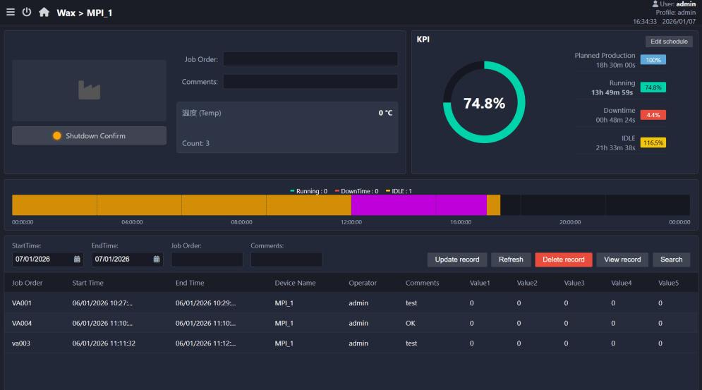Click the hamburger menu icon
pyautogui.click(x=11, y=12)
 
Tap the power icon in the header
pyautogui.click(x=27, y=12)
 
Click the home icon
pyautogui.click(x=44, y=12)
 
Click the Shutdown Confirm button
pyautogui.click(x=89, y=135)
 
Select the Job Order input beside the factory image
pyautogui.click(x=310, y=59)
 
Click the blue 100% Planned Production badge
pyautogui.click(x=653, y=60)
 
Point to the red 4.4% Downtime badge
pyautogui.click(x=653, y=115)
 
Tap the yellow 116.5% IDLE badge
pyautogui.click(x=653, y=143)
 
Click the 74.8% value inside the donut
pyautogui.click(x=484, y=104)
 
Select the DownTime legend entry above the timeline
pyautogui.click(x=356, y=191)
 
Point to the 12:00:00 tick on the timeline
pyautogui.click(x=351, y=222)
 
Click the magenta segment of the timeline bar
pyautogui.click(x=418, y=205)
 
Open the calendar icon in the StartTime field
pyautogui.click(x=77, y=260)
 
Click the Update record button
pyautogui.click(x=457, y=260)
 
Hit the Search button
pyautogui.click(x=671, y=260)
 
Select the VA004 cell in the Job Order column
pyautogui.click(x=21, y=323)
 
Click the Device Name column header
pyautogui.click(x=295, y=283)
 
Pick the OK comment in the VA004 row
pyautogui.click(x=411, y=323)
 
